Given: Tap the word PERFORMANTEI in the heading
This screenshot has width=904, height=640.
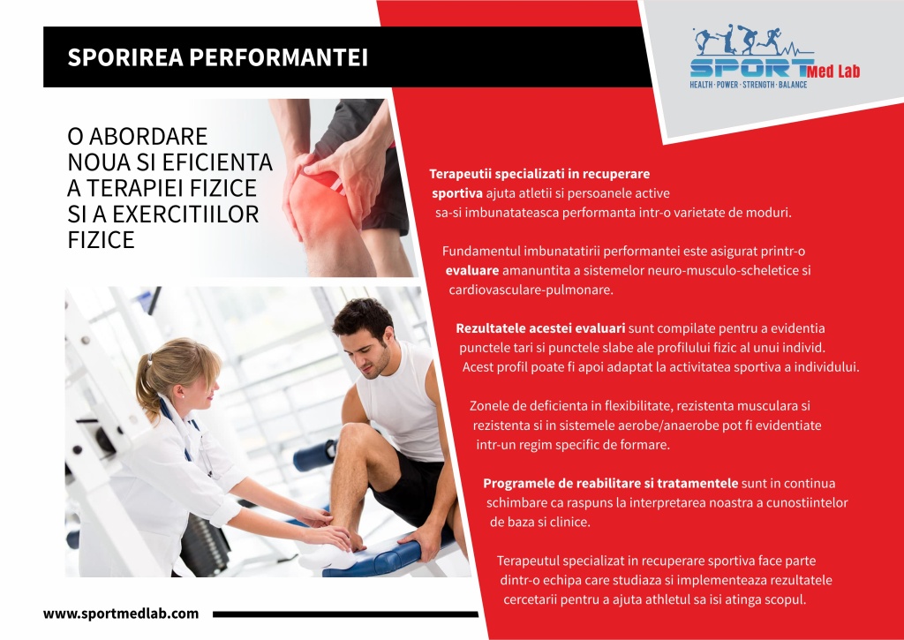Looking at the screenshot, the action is (278, 57).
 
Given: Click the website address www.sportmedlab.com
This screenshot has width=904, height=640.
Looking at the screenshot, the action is (121, 614).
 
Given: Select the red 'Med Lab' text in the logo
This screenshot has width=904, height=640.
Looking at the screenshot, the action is (833, 72).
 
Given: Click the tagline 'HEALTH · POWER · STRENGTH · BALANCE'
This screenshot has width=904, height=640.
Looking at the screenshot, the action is (749, 85).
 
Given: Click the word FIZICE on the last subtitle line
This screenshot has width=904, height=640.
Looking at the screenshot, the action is (101, 240).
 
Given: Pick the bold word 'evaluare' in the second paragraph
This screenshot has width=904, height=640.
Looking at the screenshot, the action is (472, 270).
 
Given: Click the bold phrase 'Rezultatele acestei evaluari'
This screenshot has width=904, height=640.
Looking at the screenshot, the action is (540, 328).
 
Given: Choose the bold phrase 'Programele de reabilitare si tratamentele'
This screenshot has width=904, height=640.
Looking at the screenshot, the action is (611, 483).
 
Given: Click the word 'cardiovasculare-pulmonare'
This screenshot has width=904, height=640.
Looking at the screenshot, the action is (531, 290).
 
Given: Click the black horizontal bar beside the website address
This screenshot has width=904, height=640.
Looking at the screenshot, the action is (345, 614).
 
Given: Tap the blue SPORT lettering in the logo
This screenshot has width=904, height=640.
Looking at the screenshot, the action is (750, 68).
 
